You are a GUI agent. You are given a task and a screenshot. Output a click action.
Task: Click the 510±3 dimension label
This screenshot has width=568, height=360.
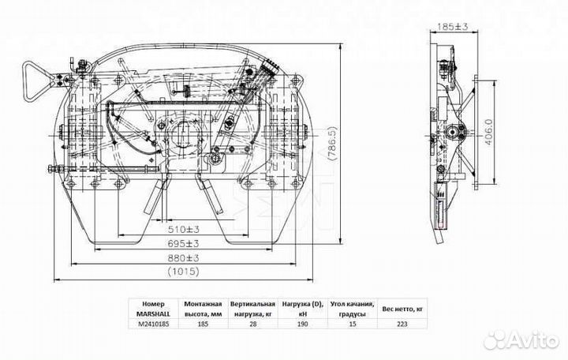[x=184, y=229]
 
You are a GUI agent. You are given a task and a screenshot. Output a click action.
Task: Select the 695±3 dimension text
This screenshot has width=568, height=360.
[x=184, y=243]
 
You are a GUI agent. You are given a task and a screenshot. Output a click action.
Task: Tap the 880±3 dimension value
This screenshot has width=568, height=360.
[x=184, y=258]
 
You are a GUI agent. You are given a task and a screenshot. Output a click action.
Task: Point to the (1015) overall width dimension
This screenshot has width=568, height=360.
[x=184, y=271]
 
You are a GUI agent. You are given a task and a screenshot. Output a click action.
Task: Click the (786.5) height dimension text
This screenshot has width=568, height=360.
[x=332, y=144]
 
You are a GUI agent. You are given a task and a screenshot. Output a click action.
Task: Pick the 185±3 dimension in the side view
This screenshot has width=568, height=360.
[x=453, y=26]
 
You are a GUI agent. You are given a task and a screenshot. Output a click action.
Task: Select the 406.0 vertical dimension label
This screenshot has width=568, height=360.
[x=488, y=133]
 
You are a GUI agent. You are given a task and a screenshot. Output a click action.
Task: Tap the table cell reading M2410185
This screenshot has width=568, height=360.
[x=153, y=324]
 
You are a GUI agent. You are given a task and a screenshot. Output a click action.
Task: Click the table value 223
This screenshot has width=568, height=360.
[x=402, y=324]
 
